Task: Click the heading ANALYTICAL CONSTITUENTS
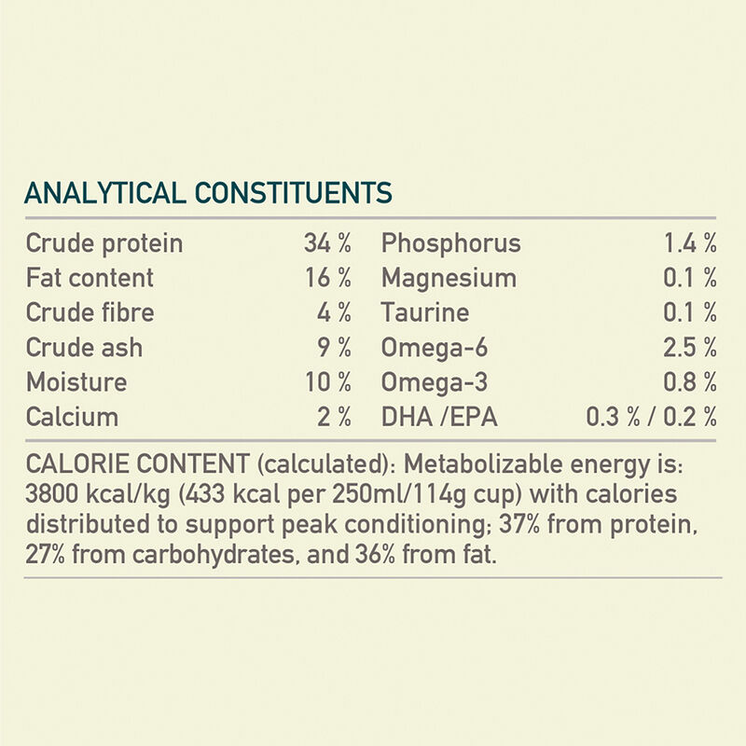pyautogui.click(x=207, y=193)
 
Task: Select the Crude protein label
pyautogui.click(x=104, y=244)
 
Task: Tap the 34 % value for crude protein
pyautogui.click(x=327, y=244)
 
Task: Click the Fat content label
pyautogui.click(x=90, y=279)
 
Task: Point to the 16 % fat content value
pyautogui.click(x=327, y=279)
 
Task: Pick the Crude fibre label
pyautogui.click(x=90, y=313)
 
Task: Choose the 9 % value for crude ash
pyautogui.click(x=334, y=348)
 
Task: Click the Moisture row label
pyautogui.click(x=76, y=382)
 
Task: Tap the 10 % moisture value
pyautogui.click(x=327, y=382)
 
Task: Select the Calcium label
pyautogui.click(x=73, y=417)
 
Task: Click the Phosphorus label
pyautogui.click(x=450, y=244)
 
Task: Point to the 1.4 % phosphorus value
pyautogui.click(x=690, y=244)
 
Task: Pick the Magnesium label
pyautogui.click(x=449, y=279)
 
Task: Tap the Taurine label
pyautogui.click(x=425, y=313)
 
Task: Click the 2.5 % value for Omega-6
pyautogui.click(x=690, y=348)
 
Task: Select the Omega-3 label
pyautogui.click(x=434, y=382)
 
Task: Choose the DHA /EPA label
pyautogui.click(x=439, y=417)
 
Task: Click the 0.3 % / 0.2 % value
pyautogui.click(x=651, y=417)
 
